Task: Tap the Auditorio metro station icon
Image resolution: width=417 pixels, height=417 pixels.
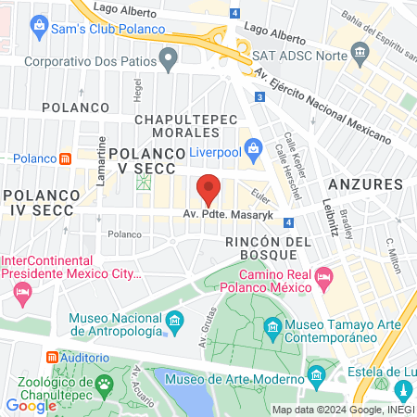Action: click(x=52, y=356)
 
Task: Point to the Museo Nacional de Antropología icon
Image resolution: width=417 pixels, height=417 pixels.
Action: click(x=173, y=322)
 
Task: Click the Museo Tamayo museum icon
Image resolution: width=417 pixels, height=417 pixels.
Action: click(x=273, y=326)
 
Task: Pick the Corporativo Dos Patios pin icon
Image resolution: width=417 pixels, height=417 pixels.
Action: click(x=169, y=61)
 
